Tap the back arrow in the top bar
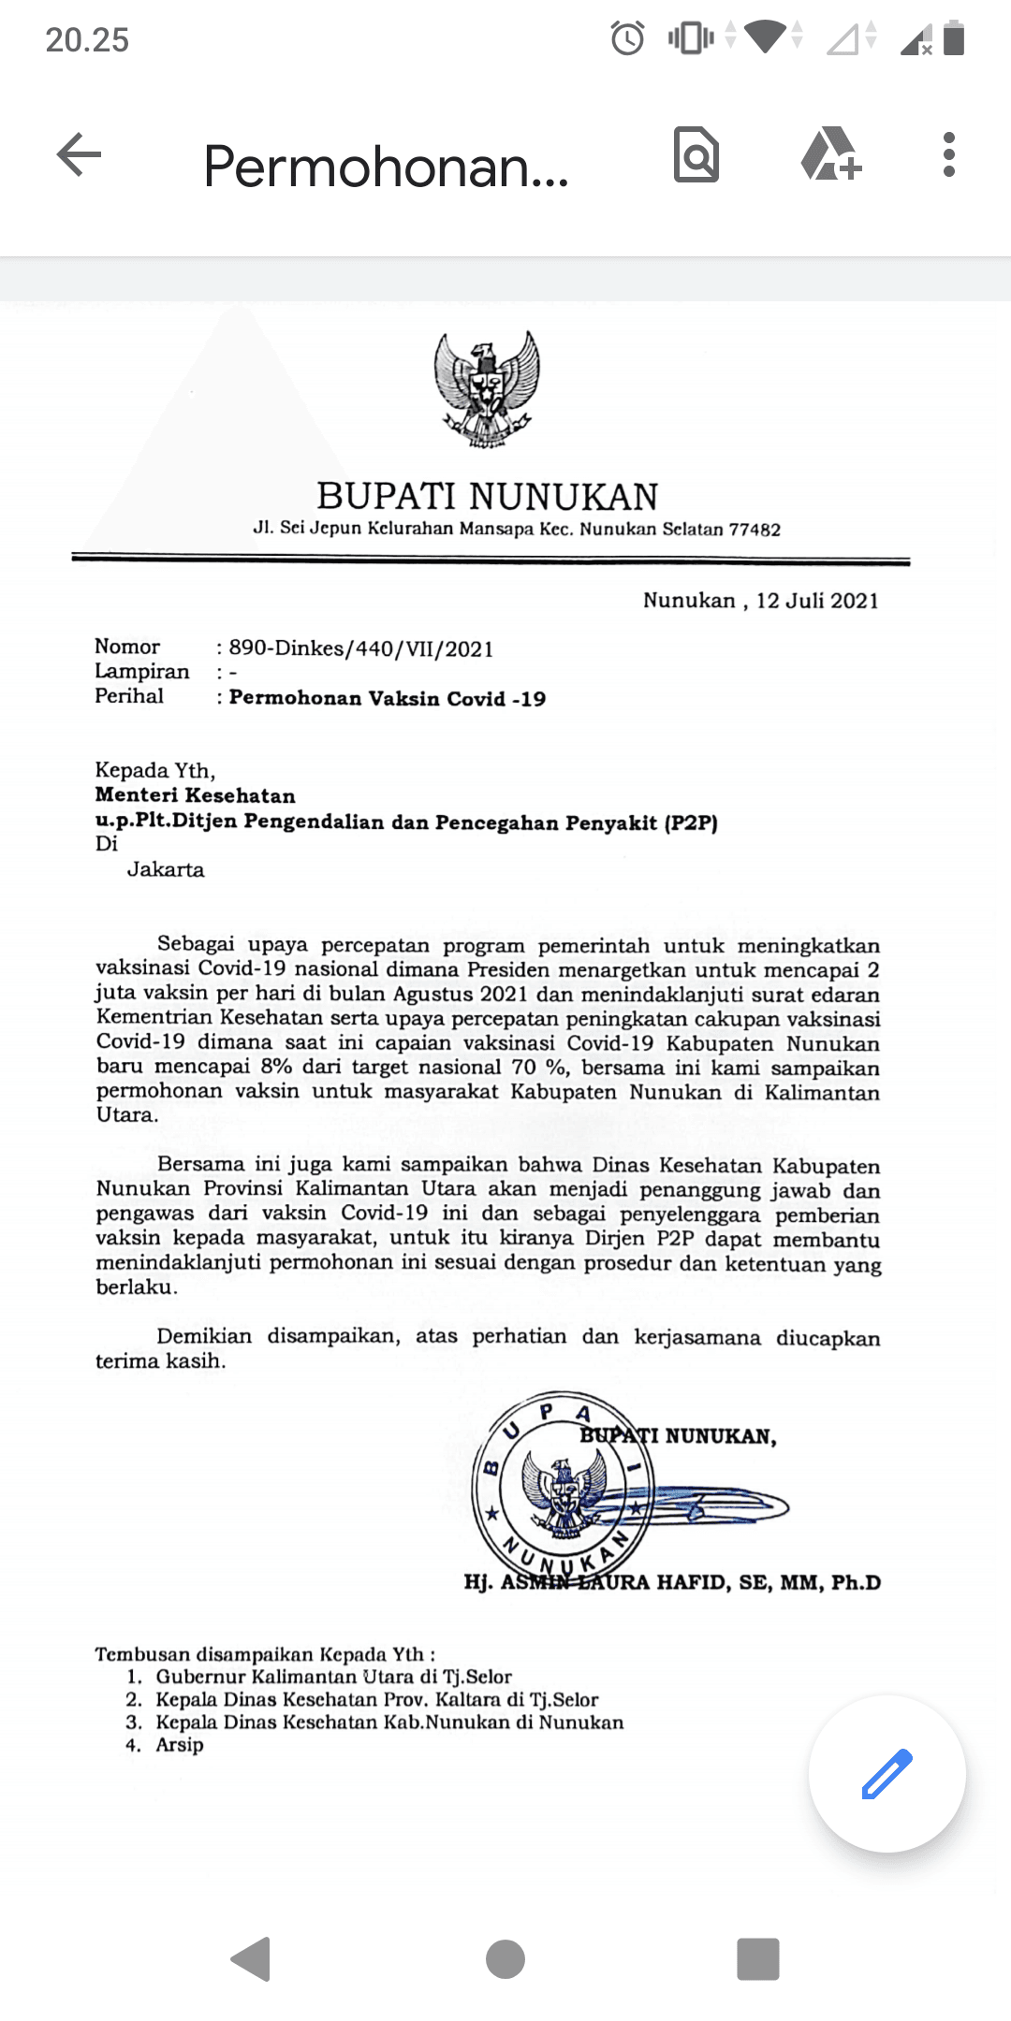point(79,154)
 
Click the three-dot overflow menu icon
point(948,154)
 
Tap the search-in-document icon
point(696,154)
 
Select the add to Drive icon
point(830,154)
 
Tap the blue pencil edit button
point(886,1773)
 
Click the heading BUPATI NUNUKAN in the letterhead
point(487,496)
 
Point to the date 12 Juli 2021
point(817,601)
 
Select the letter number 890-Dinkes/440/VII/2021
point(361,648)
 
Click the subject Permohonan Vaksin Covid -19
point(388,698)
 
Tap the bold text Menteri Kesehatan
point(196,795)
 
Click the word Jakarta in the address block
point(166,869)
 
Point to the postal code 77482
point(755,530)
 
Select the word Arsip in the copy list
point(180,1744)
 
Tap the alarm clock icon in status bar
point(627,38)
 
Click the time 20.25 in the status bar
point(87,39)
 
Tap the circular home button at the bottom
point(505,1958)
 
